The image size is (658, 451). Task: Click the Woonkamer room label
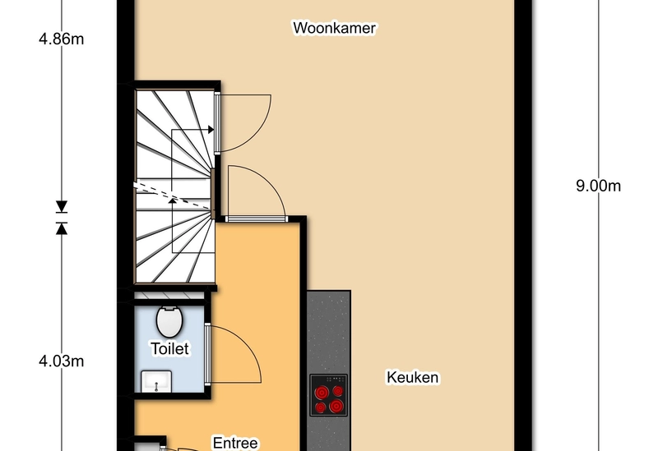pos(334,28)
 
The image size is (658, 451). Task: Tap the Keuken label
pos(413,377)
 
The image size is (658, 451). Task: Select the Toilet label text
pos(169,349)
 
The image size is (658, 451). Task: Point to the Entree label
pos(235,443)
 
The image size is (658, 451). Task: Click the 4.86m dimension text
pos(61,39)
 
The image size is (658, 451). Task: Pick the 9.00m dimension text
pos(598,186)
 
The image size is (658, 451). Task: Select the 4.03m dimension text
pos(61,361)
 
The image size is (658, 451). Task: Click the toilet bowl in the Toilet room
pos(169,321)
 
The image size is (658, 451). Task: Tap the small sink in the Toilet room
pos(156,381)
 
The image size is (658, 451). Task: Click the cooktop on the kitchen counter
pos(328,395)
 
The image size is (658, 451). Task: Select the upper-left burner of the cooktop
pos(322,393)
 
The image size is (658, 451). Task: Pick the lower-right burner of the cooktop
pos(336,406)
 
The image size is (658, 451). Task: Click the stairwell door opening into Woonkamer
pos(217,123)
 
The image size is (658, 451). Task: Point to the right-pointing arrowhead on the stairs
pos(211,130)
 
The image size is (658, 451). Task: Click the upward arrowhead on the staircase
pos(172,201)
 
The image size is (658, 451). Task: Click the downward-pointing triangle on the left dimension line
pos(62,207)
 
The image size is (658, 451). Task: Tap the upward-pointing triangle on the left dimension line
pos(62,228)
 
